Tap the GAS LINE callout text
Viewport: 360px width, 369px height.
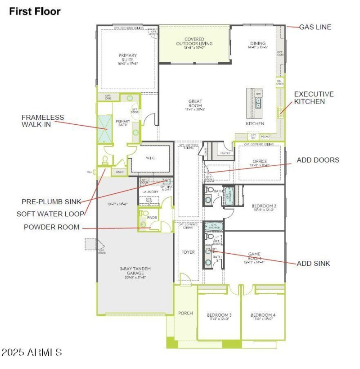[x=315, y=27]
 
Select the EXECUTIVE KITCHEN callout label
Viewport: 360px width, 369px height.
[x=314, y=98]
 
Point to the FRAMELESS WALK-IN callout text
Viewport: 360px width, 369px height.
[x=43, y=121]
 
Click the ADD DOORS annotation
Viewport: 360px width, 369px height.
[x=318, y=160]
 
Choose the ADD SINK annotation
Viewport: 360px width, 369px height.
[x=313, y=263]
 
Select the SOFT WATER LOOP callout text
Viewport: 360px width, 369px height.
[x=50, y=214]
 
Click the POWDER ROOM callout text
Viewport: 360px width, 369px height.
[x=51, y=227]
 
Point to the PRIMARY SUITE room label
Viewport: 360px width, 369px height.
[x=128, y=59]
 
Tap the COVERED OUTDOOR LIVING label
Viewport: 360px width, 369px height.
[x=194, y=41]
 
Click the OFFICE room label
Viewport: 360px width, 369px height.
[x=260, y=161]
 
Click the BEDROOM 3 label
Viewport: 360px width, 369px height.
[x=219, y=314]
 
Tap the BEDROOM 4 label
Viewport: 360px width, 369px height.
[x=263, y=314]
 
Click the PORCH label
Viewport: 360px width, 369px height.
[x=185, y=313]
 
